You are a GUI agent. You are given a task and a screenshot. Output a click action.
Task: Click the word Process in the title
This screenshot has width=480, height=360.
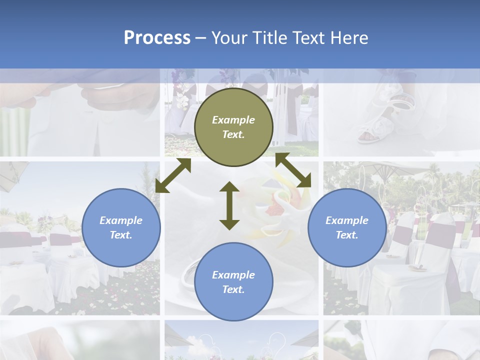point(157,38)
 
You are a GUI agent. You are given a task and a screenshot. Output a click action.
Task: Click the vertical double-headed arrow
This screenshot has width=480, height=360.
point(229,205)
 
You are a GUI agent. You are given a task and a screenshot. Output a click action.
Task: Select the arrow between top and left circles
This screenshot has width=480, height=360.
point(173,175)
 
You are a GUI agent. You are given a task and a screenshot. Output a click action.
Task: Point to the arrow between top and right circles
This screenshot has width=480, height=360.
point(293,170)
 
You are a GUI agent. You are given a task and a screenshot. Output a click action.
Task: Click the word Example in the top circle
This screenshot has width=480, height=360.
point(233,120)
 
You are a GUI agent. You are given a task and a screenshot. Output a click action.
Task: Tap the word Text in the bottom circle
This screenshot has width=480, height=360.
point(232,289)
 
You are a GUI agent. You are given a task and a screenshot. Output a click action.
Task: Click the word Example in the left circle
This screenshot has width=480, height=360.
point(121,220)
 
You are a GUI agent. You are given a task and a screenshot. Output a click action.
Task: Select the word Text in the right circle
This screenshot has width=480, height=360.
point(345,235)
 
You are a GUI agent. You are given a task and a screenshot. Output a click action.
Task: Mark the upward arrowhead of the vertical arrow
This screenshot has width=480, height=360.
point(229,187)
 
